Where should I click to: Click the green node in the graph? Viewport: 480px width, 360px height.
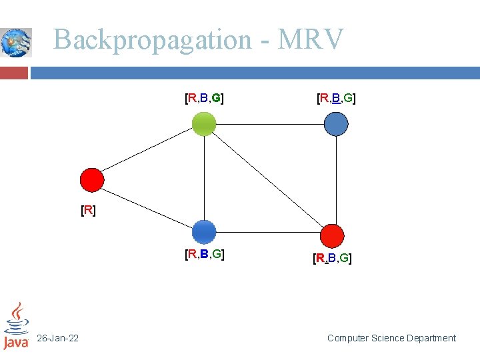click(204, 123)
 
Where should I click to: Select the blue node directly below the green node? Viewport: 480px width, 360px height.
click(204, 232)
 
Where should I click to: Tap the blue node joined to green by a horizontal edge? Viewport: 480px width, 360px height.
click(336, 123)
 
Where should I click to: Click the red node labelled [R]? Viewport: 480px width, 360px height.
click(92, 180)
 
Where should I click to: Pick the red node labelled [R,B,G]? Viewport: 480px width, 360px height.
click(332, 235)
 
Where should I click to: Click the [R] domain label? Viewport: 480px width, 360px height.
click(88, 211)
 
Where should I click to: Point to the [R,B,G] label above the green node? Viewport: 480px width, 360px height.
click(204, 99)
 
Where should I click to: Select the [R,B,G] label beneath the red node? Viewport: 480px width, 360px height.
click(332, 258)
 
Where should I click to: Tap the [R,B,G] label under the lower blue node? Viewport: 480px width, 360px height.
click(204, 254)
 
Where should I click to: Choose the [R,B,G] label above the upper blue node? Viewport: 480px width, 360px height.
click(336, 99)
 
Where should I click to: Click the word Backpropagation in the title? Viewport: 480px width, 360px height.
click(151, 40)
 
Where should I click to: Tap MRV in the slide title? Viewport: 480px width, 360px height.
click(311, 40)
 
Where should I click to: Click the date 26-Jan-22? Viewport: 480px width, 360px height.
click(57, 339)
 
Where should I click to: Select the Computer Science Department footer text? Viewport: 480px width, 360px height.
click(391, 339)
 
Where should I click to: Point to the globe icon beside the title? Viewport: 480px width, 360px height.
click(16, 43)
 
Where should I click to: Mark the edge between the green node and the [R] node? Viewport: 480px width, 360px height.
click(148, 151)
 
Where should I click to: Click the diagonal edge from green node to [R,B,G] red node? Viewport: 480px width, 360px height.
click(268, 179)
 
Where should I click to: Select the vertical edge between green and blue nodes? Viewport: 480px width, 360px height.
click(204, 177)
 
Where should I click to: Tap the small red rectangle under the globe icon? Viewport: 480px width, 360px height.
click(14, 72)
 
